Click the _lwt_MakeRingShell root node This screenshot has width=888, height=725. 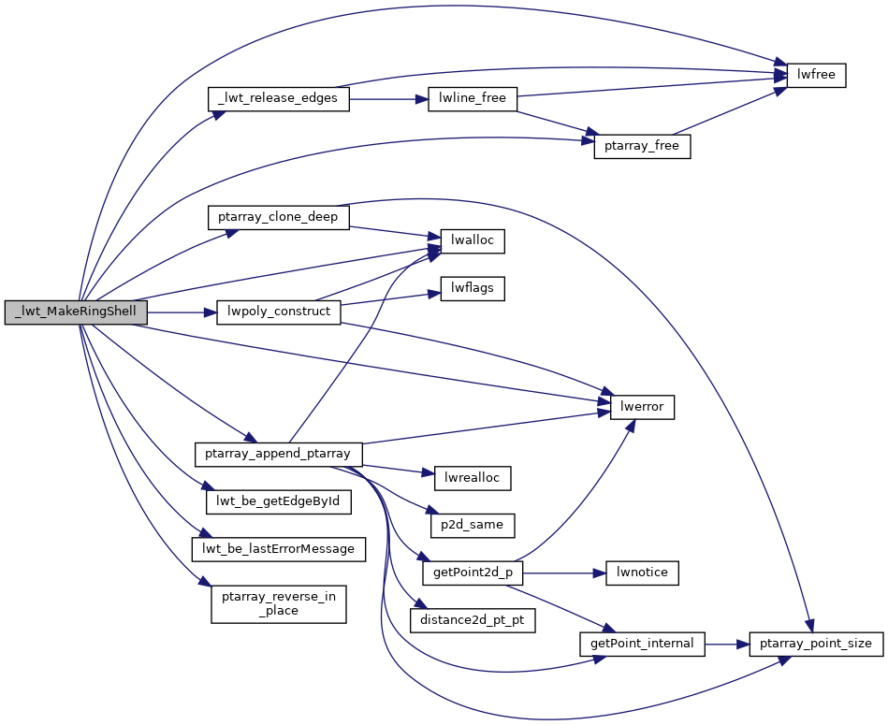pyautogui.click(x=76, y=312)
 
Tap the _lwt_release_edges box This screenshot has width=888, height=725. pyautogui.click(x=278, y=99)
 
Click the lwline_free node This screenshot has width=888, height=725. pyautogui.click(x=473, y=99)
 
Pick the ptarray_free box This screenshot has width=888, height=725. pyautogui.click(x=642, y=147)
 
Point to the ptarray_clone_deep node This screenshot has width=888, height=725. pyautogui.click(x=278, y=217)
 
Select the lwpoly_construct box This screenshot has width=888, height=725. pyautogui.click(x=278, y=312)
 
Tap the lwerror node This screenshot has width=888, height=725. pyautogui.click(x=643, y=407)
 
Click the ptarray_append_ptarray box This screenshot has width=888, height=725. pyautogui.click(x=278, y=455)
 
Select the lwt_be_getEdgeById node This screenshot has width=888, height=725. pyautogui.click(x=278, y=502)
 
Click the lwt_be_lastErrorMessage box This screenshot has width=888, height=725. pyautogui.click(x=278, y=548)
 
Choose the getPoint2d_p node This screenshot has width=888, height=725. pyautogui.click(x=473, y=572)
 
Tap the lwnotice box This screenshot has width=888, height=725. pyautogui.click(x=643, y=572)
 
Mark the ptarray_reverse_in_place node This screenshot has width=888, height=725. pyautogui.click(x=278, y=603)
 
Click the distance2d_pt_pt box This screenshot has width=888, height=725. pyautogui.click(x=473, y=619)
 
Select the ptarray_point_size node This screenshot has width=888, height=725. pyautogui.click(x=816, y=644)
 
